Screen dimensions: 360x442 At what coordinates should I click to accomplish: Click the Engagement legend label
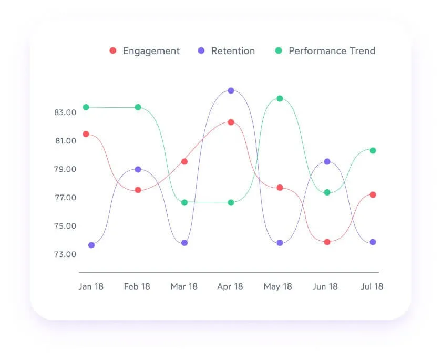point(151,51)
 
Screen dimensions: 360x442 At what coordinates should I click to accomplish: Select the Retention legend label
point(233,51)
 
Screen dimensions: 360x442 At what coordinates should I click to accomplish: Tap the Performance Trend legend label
point(332,51)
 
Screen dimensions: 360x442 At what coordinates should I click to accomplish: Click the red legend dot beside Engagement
point(112,51)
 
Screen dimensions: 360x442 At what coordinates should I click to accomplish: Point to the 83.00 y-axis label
point(65,112)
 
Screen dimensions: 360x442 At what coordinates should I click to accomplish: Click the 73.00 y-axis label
point(65,254)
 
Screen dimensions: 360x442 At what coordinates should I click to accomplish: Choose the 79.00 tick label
point(65,169)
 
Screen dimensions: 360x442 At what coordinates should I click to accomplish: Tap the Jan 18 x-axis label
point(91,286)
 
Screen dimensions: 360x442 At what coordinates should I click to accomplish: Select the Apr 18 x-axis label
point(230,286)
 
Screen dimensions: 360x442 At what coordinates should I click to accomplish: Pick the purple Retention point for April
point(231,91)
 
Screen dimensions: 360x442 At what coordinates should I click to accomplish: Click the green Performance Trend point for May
point(280,98)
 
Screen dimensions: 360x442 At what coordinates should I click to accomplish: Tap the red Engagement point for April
point(231,122)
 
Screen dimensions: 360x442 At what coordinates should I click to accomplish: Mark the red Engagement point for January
point(86,134)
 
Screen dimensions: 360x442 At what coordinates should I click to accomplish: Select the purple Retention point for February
point(138,169)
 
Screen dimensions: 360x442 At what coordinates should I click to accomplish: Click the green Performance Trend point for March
point(184,202)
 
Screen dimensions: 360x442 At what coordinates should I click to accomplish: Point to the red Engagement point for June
point(327,242)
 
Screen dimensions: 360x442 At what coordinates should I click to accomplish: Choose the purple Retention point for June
point(327,161)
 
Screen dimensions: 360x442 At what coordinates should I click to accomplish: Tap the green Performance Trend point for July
point(373,150)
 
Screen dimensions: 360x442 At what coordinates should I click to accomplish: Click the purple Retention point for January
point(91,245)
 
